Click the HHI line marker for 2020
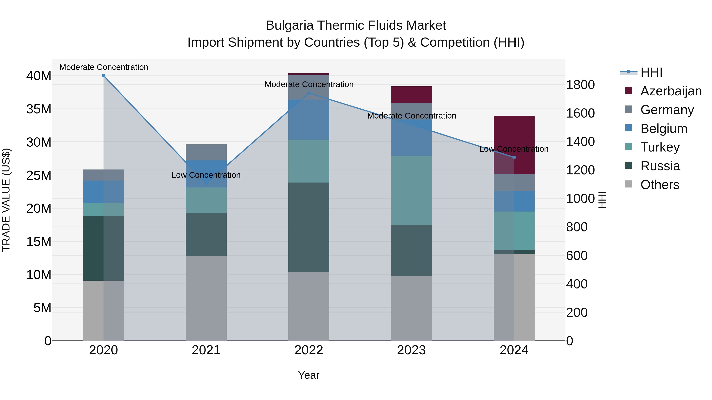click(x=103, y=76)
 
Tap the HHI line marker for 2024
click(x=514, y=157)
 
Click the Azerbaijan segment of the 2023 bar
click(x=411, y=95)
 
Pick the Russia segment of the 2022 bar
click(x=309, y=227)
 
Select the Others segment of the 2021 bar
click(x=206, y=298)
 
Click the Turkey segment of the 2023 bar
click(x=411, y=190)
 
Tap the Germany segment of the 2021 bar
click(x=206, y=152)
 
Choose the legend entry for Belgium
click(x=663, y=129)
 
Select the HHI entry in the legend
click(x=651, y=72)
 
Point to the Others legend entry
click(x=659, y=185)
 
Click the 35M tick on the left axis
click(x=39, y=109)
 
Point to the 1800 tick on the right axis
click(x=580, y=85)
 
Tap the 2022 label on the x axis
click(x=309, y=350)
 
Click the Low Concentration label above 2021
click(x=206, y=175)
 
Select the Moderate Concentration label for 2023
click(x=411, y=116)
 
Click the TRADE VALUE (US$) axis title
click(x=6, y=200)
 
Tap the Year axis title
click(x=309, y=375)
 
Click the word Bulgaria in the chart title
click(x=289, y=25)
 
